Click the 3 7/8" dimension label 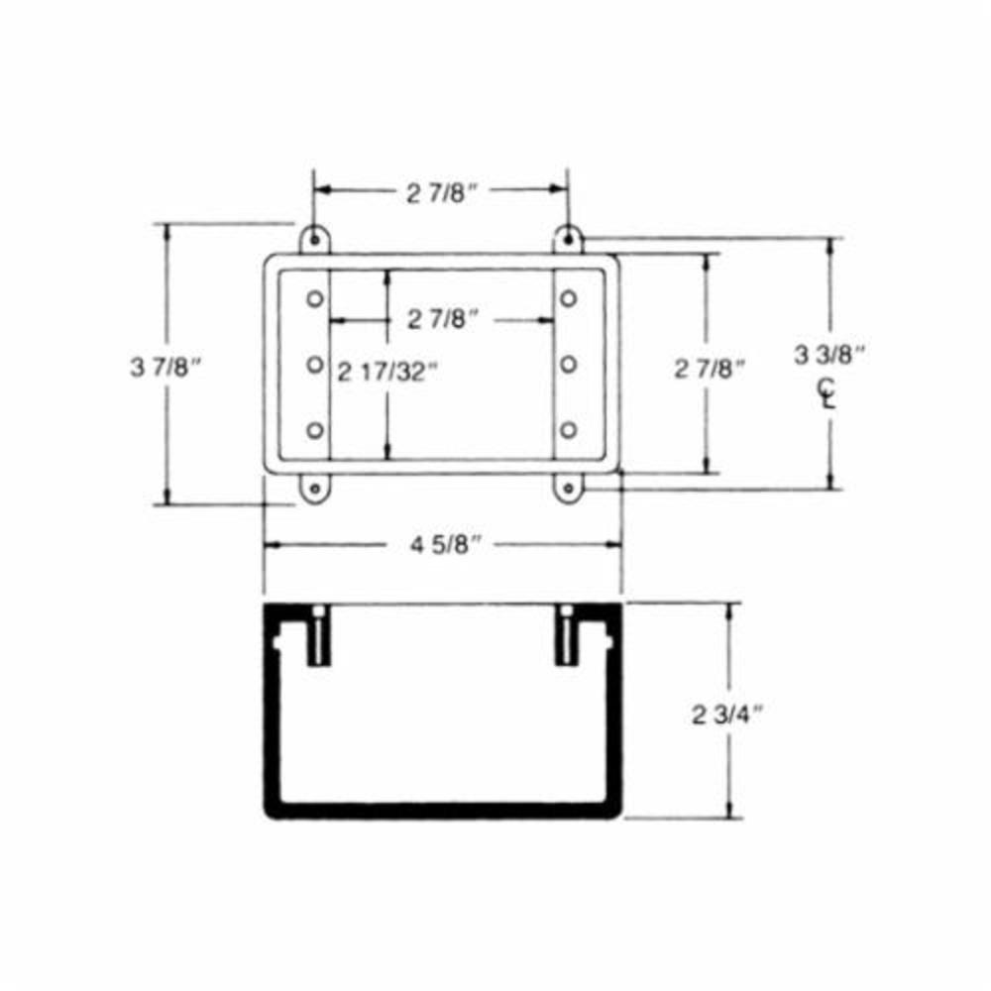pos(165,367)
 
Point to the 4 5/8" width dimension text pos(441,544)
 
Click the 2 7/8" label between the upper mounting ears pos(442,193)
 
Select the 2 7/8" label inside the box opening pos(443,319)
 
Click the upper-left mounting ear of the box pos(315,239)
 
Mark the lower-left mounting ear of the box pos(316,488)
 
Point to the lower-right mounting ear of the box pos(568,488)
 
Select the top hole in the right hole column pos(568,298)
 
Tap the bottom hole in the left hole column pos(315,430)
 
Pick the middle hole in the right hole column pos(568,365)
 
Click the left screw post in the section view pos(317,639)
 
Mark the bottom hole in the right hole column pos(568,430)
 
